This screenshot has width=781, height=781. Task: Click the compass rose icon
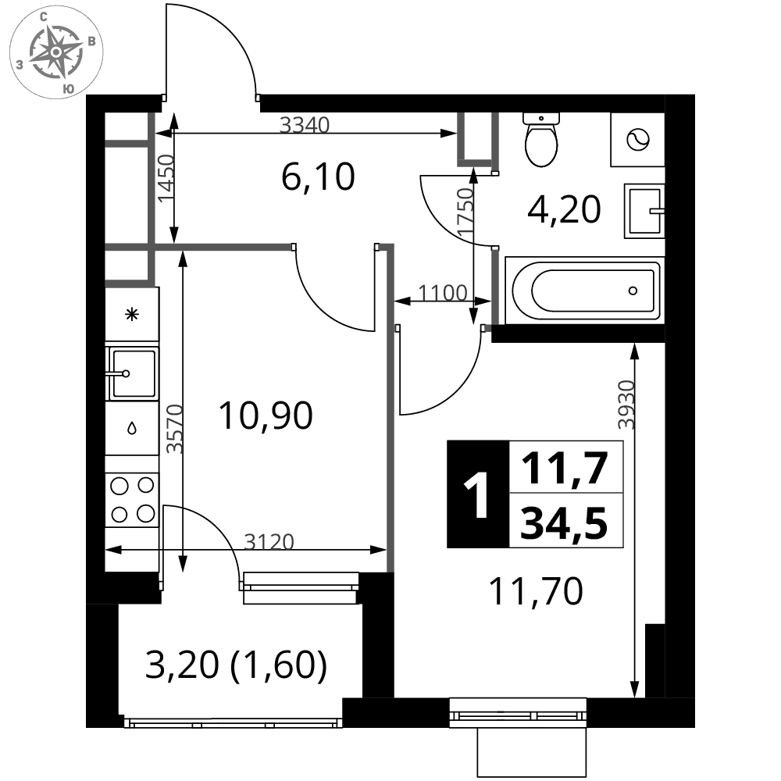pyautogui.click(x=56, y=52)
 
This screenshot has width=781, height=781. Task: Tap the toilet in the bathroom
pyautogui.click(x=541, y=140)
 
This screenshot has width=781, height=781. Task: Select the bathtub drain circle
pyautogui.click(x=633, y=291)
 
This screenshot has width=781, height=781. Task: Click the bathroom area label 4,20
pyautogui.click(x=564, y=209)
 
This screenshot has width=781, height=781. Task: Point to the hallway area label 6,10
pyautogui.click(x=318, y=177)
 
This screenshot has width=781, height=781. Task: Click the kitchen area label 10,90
pyautogui.click(x=266, y=415)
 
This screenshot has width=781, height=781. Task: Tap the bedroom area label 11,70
pyautogui.click(x=536, y=591)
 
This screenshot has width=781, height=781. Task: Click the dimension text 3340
pyautogui.click(x=305, y=124)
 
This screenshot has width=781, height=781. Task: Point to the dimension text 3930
pyautogui.click(x=626, y=405)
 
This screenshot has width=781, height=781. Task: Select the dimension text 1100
pyautogui.click(x=442, y=292)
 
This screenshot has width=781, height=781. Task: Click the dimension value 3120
pyautogui.click(x=269, y=541)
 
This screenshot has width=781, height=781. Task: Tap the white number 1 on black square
pyautogui.click(x=477, y=494)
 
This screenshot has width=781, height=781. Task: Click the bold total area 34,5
pyautogui.click(x=564, y=522)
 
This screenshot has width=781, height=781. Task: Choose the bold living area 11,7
pyautogui.click(x=564, y=468)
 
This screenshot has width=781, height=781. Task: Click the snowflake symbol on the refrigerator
pyautogui.click(x=132, y=314)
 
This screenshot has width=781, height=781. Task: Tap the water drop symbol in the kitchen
pyautogui.click(x=132, y=428)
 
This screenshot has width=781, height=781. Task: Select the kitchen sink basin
pyautogui.click(x=133, y=373)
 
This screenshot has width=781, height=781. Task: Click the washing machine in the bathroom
pyautogui.click(x=637, y=140)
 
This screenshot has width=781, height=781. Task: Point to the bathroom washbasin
pyautogui.click(x=644, y=211)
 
